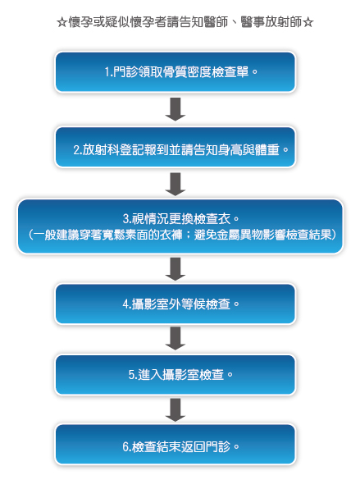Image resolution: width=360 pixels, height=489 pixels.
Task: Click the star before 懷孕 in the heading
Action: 62,22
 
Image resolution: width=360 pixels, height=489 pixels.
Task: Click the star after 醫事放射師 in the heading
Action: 308,22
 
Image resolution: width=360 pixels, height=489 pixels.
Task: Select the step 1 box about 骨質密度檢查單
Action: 175,72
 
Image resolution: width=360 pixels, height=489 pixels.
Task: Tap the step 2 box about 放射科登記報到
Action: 175,147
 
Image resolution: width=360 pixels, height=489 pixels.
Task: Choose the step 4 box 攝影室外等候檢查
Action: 175,304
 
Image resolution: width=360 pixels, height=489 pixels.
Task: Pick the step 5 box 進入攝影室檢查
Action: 175,375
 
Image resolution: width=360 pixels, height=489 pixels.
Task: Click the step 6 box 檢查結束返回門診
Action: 175,445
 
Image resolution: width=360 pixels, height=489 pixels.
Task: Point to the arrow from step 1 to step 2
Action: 175,109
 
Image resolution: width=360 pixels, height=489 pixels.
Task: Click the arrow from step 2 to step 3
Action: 175,185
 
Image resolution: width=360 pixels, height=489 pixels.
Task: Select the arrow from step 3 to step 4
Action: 175,269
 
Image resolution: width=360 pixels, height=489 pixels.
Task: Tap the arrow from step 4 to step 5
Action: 175,338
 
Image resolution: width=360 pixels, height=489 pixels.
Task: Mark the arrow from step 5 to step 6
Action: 175,409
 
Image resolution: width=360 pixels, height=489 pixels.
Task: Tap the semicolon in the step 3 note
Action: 189,235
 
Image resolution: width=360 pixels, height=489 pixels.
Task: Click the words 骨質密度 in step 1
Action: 187,72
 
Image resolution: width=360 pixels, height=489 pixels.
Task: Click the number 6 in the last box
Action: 125,447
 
